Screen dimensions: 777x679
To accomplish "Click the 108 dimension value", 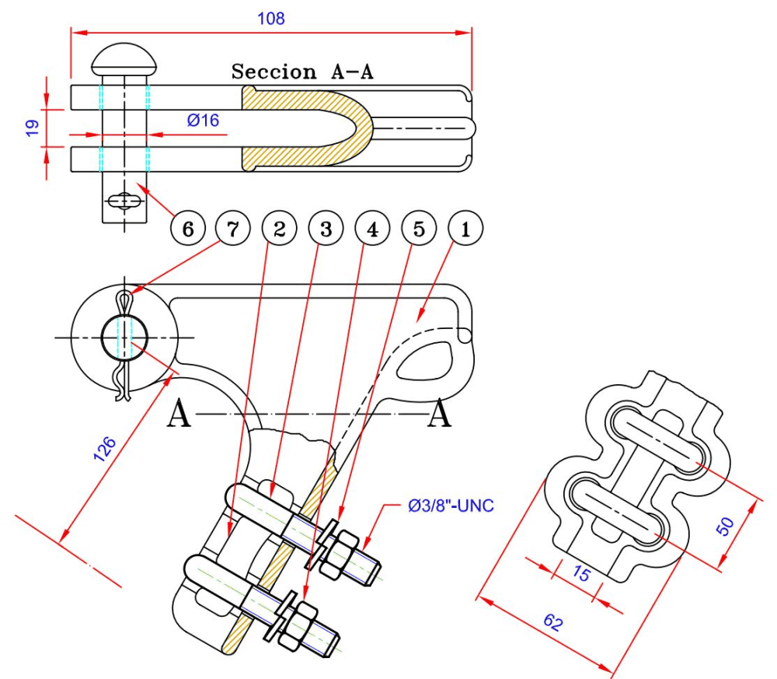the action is click(x=271, y=19).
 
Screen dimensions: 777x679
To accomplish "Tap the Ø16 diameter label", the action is click(x=203, y=120).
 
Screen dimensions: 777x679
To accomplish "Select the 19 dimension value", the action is click(x=32, y=128).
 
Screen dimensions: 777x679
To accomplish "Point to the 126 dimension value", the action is click(x=105, y=450).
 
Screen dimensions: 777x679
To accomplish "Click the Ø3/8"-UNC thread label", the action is click(x=451, y=506).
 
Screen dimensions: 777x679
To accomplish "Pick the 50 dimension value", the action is click(x=725, y=527).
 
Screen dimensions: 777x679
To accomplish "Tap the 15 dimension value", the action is click(x=581, y=573).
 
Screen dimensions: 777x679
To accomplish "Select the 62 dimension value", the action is click(x=553, y=622).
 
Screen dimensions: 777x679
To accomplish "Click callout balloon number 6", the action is click(x=188, y=229).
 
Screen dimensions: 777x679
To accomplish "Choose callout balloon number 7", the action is click(x=233, y=229).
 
